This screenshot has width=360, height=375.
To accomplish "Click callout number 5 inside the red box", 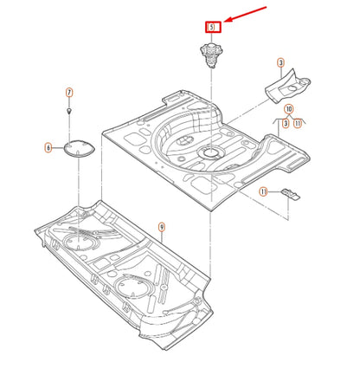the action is pyautogui.click(x=212, y=27).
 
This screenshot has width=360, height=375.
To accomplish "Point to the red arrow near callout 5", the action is pyautogui.click(x=245, y=14).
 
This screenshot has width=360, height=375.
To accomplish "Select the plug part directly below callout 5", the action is pyautogui.click(x=211, y=55).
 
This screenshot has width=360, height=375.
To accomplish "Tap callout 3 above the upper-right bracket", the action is pyautogui.click(x=280, y=62).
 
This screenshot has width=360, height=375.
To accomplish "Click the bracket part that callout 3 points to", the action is pyautogui.click(x=287, y=86).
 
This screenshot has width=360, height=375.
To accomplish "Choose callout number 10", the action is pyautogui.click(x=289, y=109).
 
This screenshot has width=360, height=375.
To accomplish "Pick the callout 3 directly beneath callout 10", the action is pyautogui.click(x=286, y=124).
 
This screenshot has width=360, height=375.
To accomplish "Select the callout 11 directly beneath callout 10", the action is pyautogui.click(x=298, y=124).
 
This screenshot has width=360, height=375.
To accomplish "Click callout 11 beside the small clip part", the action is pyautogui.click(x=263, y=191).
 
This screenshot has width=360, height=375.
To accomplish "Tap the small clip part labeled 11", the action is pyautogui.click(x=290, y=194).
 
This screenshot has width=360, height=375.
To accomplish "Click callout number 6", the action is pyautogui.click(x=48, y=148).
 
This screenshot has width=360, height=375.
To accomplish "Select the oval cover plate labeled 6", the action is pyautogui.click(x=80, y=148).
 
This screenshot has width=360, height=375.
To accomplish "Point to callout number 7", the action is pyautogui.click(x=69, y=93).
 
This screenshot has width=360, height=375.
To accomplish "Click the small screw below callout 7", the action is pyautogui.click(x=69, y=111).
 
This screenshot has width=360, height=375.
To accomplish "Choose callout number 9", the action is pyautogui.click(x=162, y=227).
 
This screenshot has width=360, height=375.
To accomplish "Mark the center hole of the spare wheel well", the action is pyautogui.click(x=212, y=152).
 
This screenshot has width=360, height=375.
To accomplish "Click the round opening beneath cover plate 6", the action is pyautogui.click(x=79, y=242).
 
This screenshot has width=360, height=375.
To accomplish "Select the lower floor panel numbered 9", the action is pyautogui.click(x=124, y=275).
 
